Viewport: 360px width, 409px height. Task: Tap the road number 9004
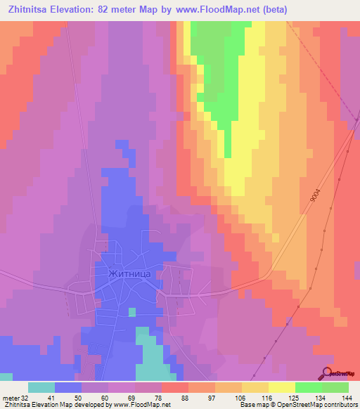314,193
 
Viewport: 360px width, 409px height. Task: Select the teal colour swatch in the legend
41,387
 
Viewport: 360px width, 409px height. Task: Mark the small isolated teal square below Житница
131,311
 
